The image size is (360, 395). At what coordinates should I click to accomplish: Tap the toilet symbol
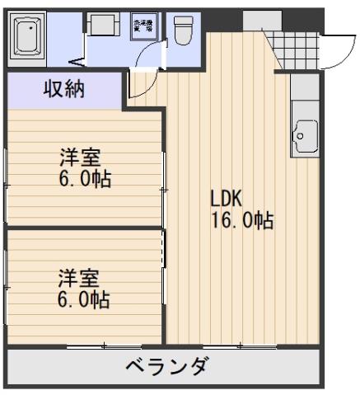[182, 31]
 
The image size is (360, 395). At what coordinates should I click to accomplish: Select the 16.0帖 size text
[241, 221]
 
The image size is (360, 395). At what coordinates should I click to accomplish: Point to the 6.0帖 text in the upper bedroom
[85, 180]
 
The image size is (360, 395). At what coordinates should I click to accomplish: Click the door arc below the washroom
[142, 83]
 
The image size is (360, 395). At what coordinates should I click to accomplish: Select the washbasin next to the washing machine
[103, 25]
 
